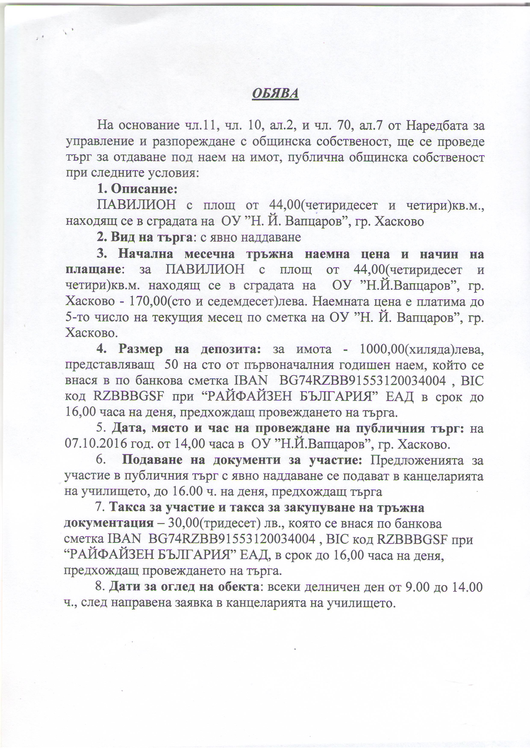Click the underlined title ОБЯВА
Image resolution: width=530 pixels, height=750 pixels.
pos(275,94)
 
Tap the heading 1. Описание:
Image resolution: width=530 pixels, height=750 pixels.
pos(137,189)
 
